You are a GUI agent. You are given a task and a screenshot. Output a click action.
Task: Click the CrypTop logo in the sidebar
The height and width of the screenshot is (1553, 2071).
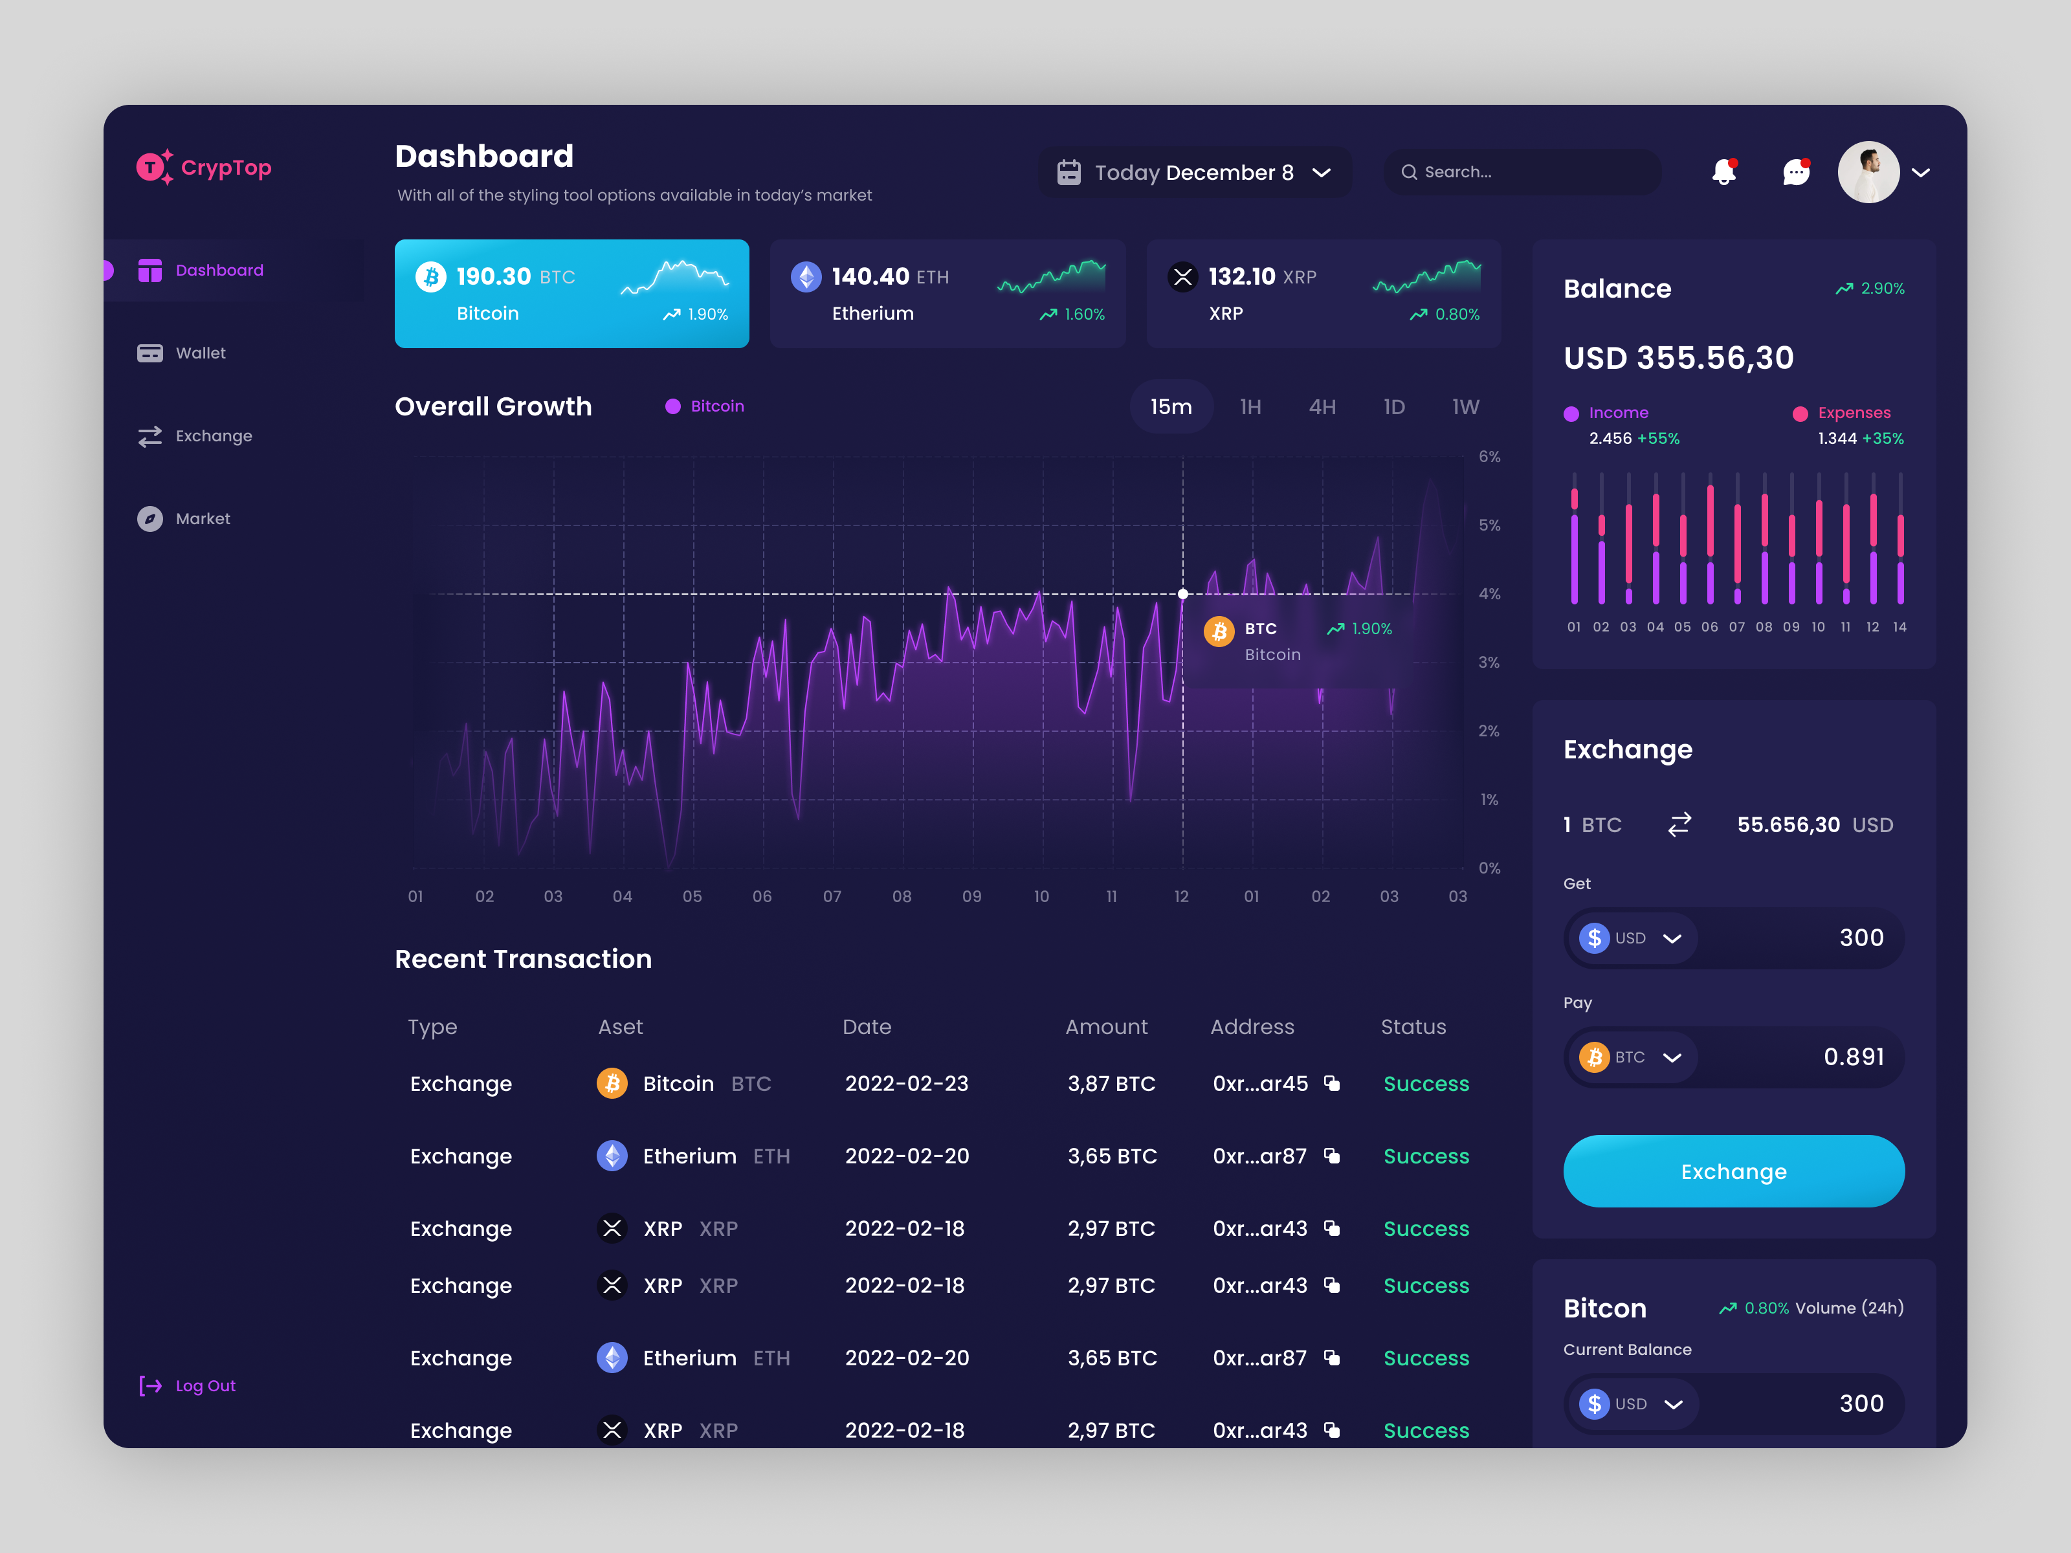203,168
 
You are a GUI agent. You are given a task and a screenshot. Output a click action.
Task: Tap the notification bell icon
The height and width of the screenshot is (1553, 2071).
1723,172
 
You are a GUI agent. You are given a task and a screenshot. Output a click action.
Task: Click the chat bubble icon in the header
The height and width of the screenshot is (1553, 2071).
1795,172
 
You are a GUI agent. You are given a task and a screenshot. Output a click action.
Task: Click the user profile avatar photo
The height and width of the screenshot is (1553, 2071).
1868,172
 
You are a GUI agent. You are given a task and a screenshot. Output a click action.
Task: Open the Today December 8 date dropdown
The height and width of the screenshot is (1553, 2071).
1193,172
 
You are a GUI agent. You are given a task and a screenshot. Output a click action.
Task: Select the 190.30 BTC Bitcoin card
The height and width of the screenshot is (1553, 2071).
571,294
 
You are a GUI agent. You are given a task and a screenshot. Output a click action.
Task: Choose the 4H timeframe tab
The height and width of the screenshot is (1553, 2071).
1322,407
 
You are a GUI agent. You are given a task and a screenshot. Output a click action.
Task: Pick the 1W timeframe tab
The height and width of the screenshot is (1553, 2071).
1465,407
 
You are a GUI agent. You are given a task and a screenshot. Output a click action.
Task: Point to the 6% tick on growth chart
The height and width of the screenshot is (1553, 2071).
1489,457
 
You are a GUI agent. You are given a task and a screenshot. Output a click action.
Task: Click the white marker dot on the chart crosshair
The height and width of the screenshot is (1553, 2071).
1182,593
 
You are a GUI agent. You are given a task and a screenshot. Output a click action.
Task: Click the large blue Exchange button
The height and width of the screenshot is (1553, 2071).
1733,1171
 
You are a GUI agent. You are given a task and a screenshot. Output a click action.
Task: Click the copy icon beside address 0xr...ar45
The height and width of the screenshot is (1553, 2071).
1331,1083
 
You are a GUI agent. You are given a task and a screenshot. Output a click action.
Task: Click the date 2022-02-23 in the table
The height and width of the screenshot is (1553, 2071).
906,1083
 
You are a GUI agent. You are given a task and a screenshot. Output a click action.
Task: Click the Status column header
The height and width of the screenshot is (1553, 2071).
1413,1027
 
